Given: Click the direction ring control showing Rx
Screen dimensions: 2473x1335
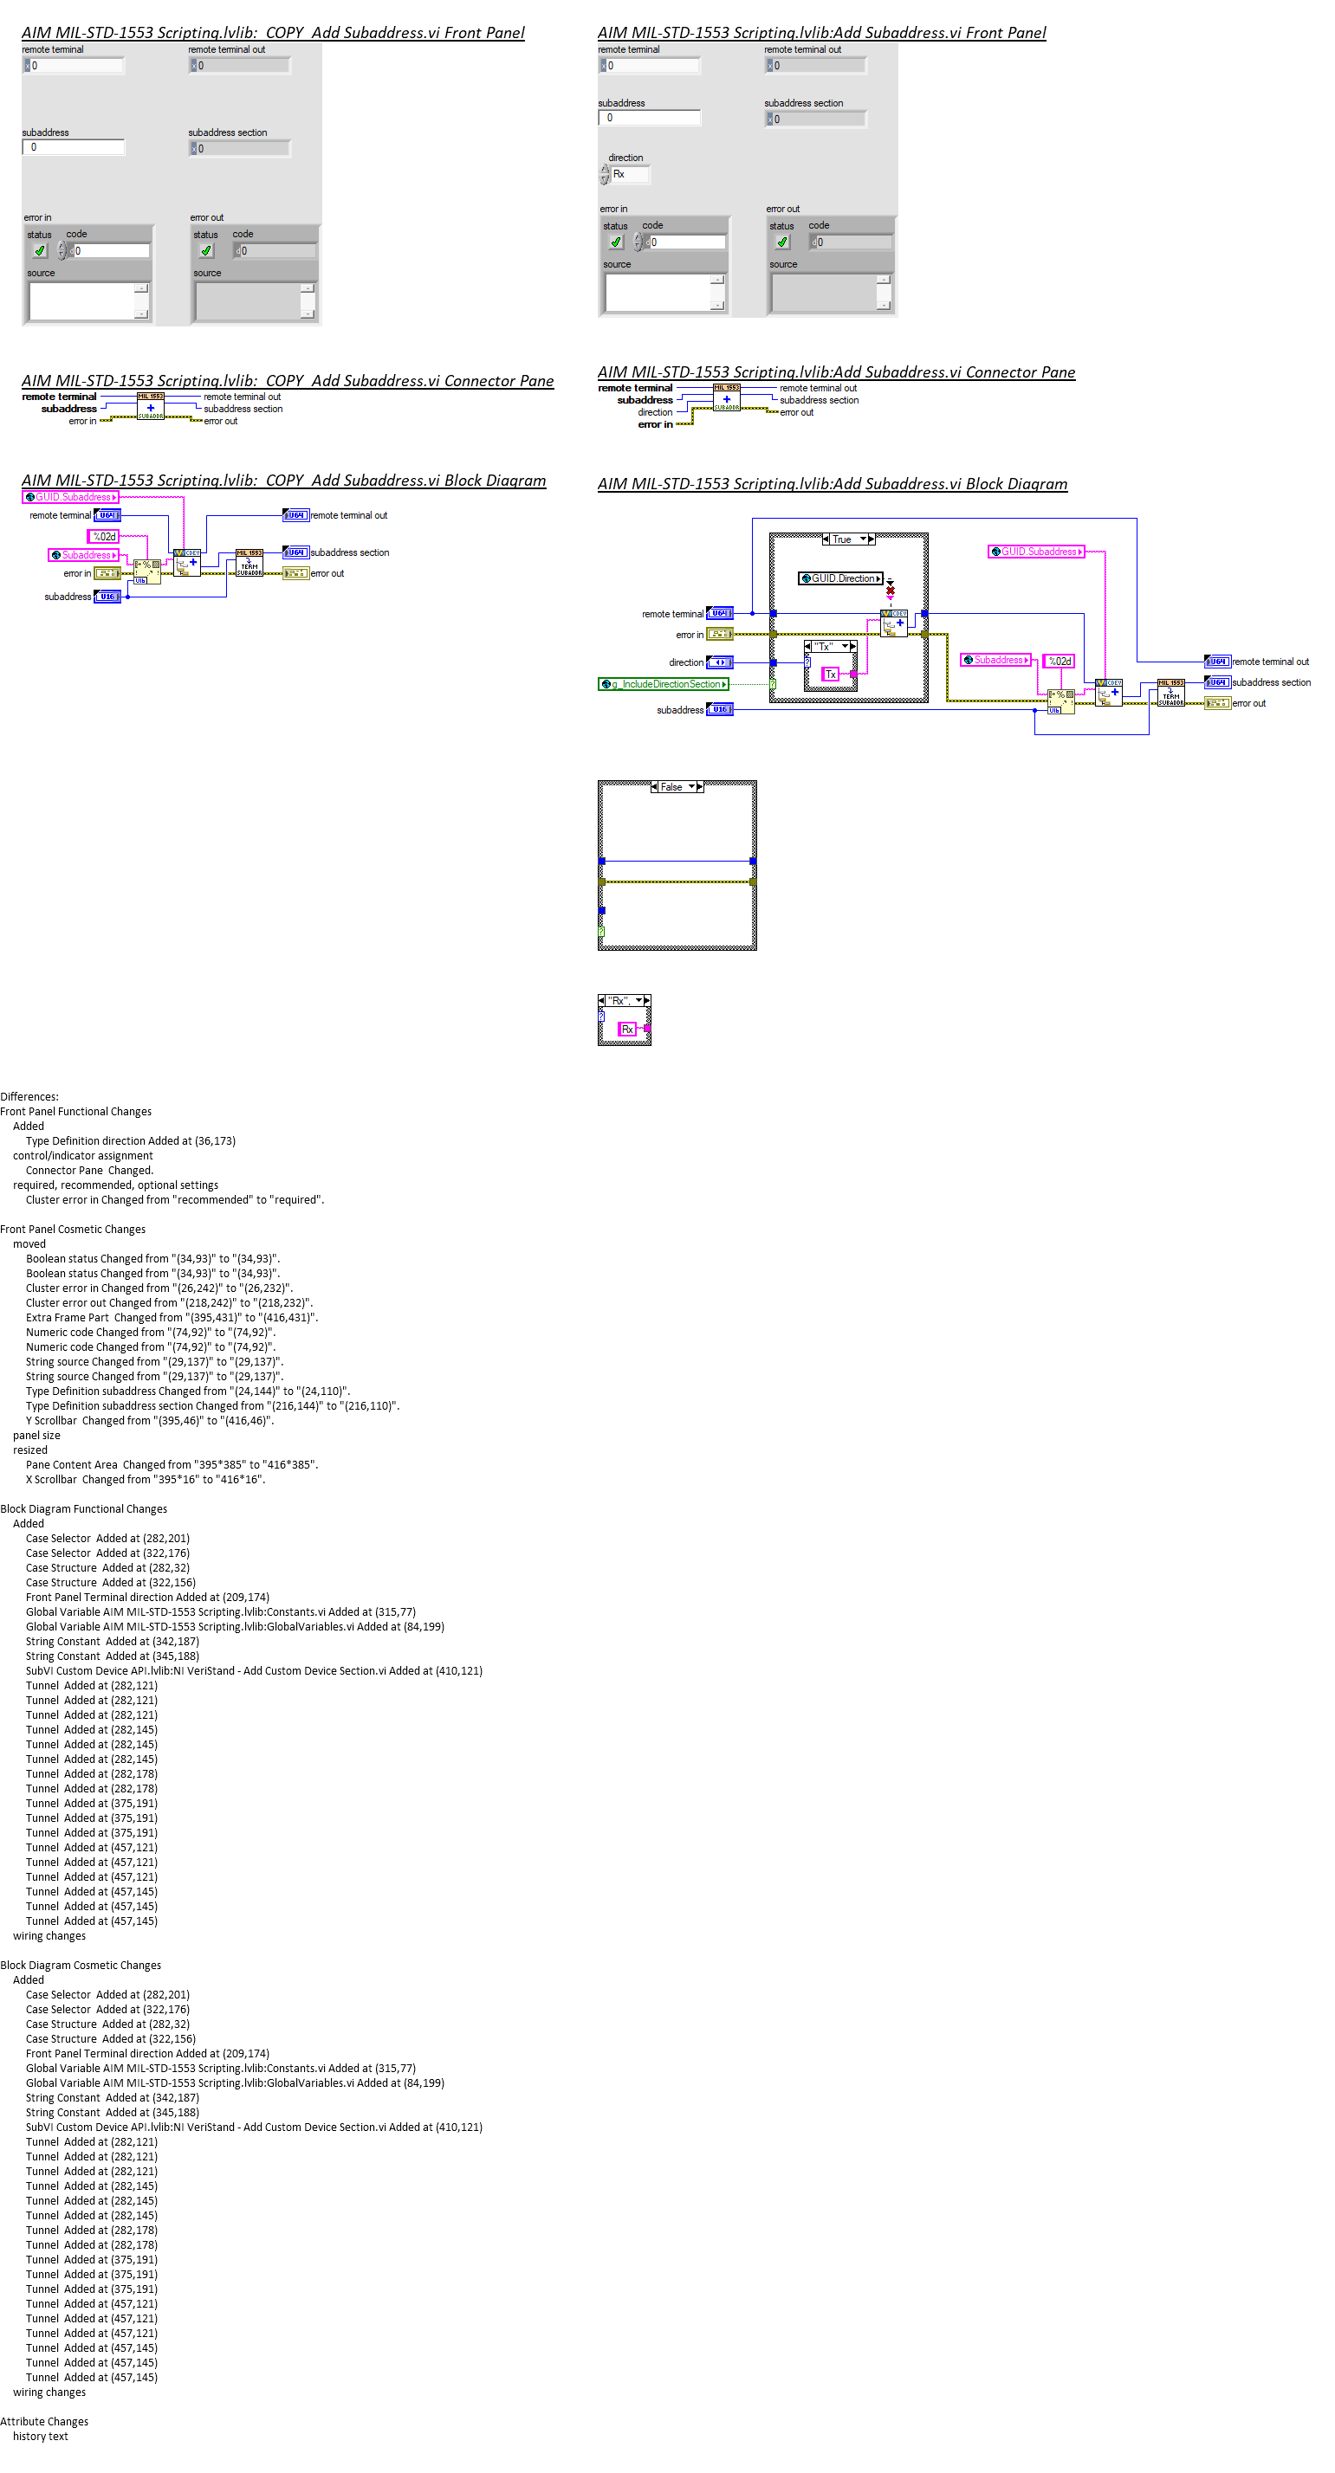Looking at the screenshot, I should (x=629, y=175).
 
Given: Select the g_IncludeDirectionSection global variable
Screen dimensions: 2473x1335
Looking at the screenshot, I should (x=664, y=684).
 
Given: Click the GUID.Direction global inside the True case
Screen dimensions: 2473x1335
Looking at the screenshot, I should (x=840, y=579).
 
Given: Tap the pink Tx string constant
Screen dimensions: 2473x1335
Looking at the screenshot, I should (x=831, y=675).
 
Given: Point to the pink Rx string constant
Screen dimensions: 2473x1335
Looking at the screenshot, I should (x=627, y=1030).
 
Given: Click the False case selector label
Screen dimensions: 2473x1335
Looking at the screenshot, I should (x=671, y=787).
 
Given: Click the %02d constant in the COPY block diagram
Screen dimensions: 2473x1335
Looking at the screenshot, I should (x=105, y=537).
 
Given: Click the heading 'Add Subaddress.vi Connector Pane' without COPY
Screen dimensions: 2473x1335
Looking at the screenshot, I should (x=836, y=372).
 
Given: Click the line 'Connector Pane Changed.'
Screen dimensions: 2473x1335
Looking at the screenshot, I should (x=89, y=1171).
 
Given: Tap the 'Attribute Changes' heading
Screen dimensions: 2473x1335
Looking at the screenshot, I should (x=44, y=2422).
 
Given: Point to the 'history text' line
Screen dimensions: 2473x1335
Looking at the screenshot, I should (x=41, y=2437).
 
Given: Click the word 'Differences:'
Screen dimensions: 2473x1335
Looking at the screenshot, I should (x=29, y=1096).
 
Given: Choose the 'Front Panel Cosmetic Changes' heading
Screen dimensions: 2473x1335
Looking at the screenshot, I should (x=73, y=1230).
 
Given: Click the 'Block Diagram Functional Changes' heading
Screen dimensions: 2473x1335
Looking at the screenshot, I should (x=83, y=1509).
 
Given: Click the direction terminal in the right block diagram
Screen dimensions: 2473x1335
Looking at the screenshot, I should (x=719, y=662).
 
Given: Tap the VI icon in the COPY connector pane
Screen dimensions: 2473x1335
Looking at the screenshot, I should (x=151, y=406).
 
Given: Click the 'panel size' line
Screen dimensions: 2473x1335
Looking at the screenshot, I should (x=36, y=1436).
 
